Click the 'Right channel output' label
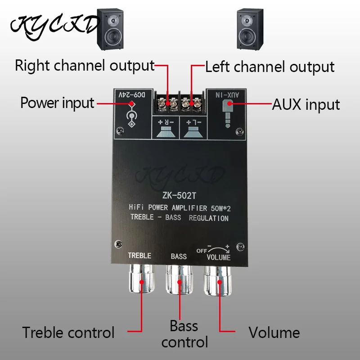[x=85, y=66]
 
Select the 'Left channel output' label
[x=270, y=67]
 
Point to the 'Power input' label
[x=57, y=103]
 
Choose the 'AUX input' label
[x=306, y=104]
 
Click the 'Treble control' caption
[x=68, y=333]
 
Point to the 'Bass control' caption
[x=184, y=333]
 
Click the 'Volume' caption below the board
[x=274, y=333]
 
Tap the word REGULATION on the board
[x=209, y=219]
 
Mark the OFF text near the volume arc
[x=201, y=251]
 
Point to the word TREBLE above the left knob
[x=139, y=256]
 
